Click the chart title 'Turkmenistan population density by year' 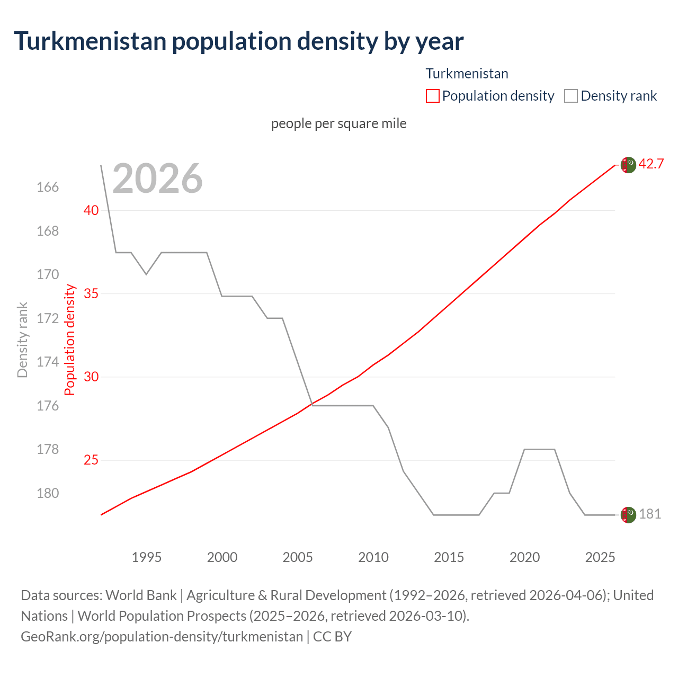(238, 41)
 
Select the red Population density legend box (432, 96)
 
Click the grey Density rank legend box (570, 96)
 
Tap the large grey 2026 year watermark (157, 179)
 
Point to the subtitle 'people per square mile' (338, 123)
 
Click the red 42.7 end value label (651, 164)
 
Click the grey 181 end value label (650, 514)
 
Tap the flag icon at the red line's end (628, 165)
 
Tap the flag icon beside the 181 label (628, 515)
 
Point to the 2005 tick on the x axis (298, 557)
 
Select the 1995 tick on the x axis (147, 557)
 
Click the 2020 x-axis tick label (524, 557)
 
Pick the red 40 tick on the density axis (91, 210)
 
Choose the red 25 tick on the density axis (91, 460)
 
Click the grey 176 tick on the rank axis (48, 406)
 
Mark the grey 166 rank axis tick (48, 188)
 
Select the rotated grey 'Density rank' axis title (22, 340)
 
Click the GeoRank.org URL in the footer (162, 636)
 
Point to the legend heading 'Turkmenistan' (467, 74)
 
